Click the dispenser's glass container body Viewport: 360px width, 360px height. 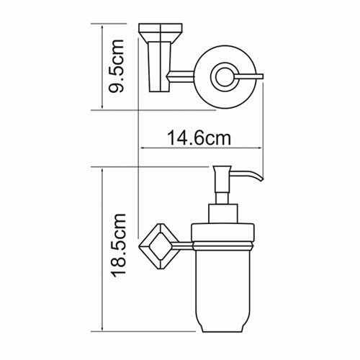pyautogui.click(x=223, y=288)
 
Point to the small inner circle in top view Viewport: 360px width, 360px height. pyautogui.click(x=221, y=75)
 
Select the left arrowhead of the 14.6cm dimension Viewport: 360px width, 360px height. pyautogui.click(x=141, y=148)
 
